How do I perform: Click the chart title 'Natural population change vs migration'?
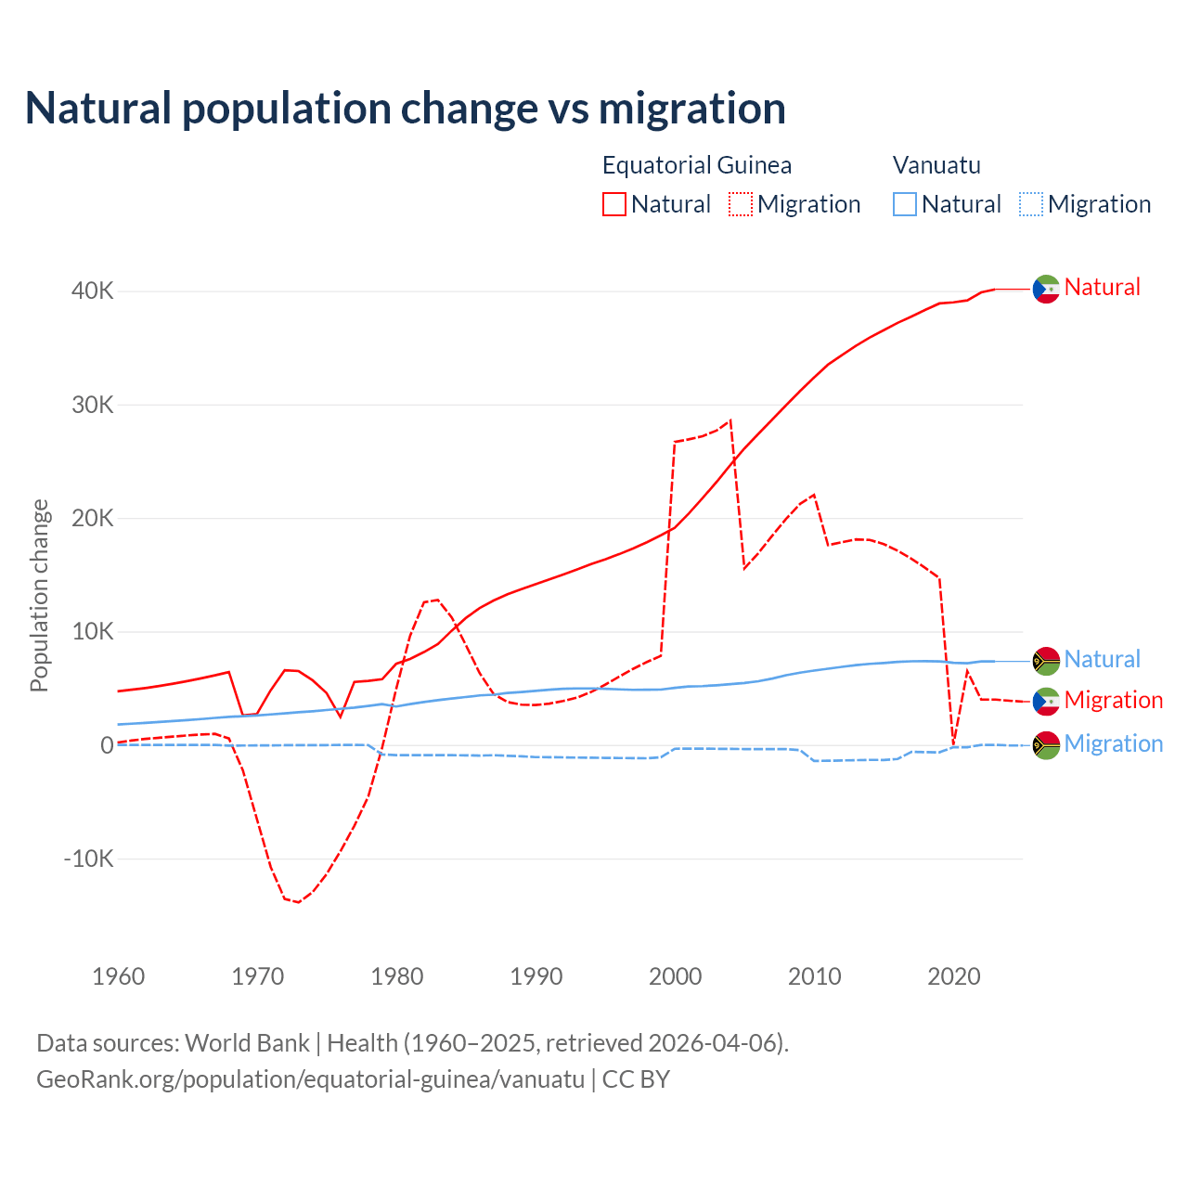point(406,109)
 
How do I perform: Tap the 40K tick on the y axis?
point(93,291)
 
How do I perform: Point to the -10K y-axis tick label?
point(89,859)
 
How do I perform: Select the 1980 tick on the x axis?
point(397,976)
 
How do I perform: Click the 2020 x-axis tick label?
point(954,976)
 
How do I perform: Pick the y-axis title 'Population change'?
point(39,596)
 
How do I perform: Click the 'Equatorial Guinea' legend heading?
point(697,165)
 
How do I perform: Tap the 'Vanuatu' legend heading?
point(936,165)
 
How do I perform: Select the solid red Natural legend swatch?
point(614,204)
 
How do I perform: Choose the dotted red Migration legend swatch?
point(741,204)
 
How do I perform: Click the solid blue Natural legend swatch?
point(905,204)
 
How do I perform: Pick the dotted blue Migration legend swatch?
point(1031,204)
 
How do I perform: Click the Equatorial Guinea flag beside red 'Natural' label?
point(1046,290)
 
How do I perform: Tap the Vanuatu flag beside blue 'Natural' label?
point(1046,661)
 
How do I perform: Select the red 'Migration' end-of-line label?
point(1113,700)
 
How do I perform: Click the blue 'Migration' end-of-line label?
point(1113,743)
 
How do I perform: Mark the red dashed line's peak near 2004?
point(730,420)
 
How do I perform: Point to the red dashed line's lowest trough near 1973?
point(298,902)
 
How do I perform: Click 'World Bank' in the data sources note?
point(247,1043)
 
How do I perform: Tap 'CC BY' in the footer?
point(636,1079)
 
